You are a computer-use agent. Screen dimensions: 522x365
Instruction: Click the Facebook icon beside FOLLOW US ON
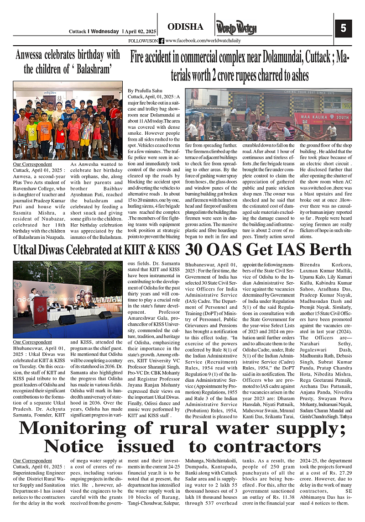pos(162,41)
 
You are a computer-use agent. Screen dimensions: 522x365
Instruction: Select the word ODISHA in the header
pos(185,27)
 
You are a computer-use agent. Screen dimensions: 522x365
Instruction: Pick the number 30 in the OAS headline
pos(198,250)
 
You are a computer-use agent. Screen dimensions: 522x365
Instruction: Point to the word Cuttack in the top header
pos(77,32)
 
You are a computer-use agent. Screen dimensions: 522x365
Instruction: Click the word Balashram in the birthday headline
pos(90,69)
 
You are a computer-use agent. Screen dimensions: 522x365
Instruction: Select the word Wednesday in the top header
pos(104,32)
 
